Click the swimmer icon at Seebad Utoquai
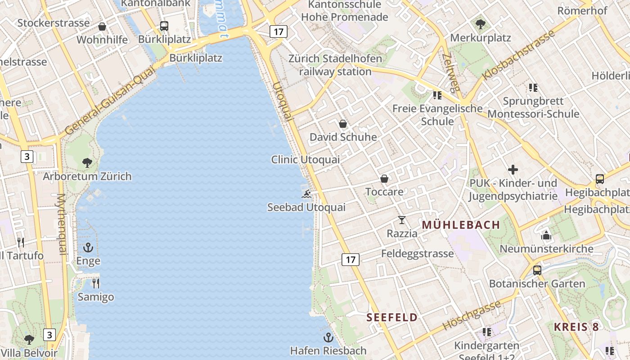pos(306,194)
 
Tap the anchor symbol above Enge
pos(88,247)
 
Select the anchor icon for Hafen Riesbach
pos(328,337)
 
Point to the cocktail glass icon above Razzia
pos(402,220)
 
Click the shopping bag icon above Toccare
pos(384,179)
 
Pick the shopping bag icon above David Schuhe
pos(343,124)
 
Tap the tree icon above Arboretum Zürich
pos(87,162)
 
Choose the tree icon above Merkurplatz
pos(481,24)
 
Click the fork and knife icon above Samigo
pos(95,283)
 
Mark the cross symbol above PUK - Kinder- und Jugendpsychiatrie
pos(513,170)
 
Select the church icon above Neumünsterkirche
pos(546,235)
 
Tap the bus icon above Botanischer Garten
pos(537,270)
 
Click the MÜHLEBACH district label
pos(461,225)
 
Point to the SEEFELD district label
pos(392,317)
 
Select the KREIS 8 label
pos(576,327)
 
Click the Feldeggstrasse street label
pos(417,253)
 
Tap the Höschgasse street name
pos(472,315)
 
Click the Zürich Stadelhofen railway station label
pos(335,65)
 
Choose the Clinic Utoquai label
pos(306,160)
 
